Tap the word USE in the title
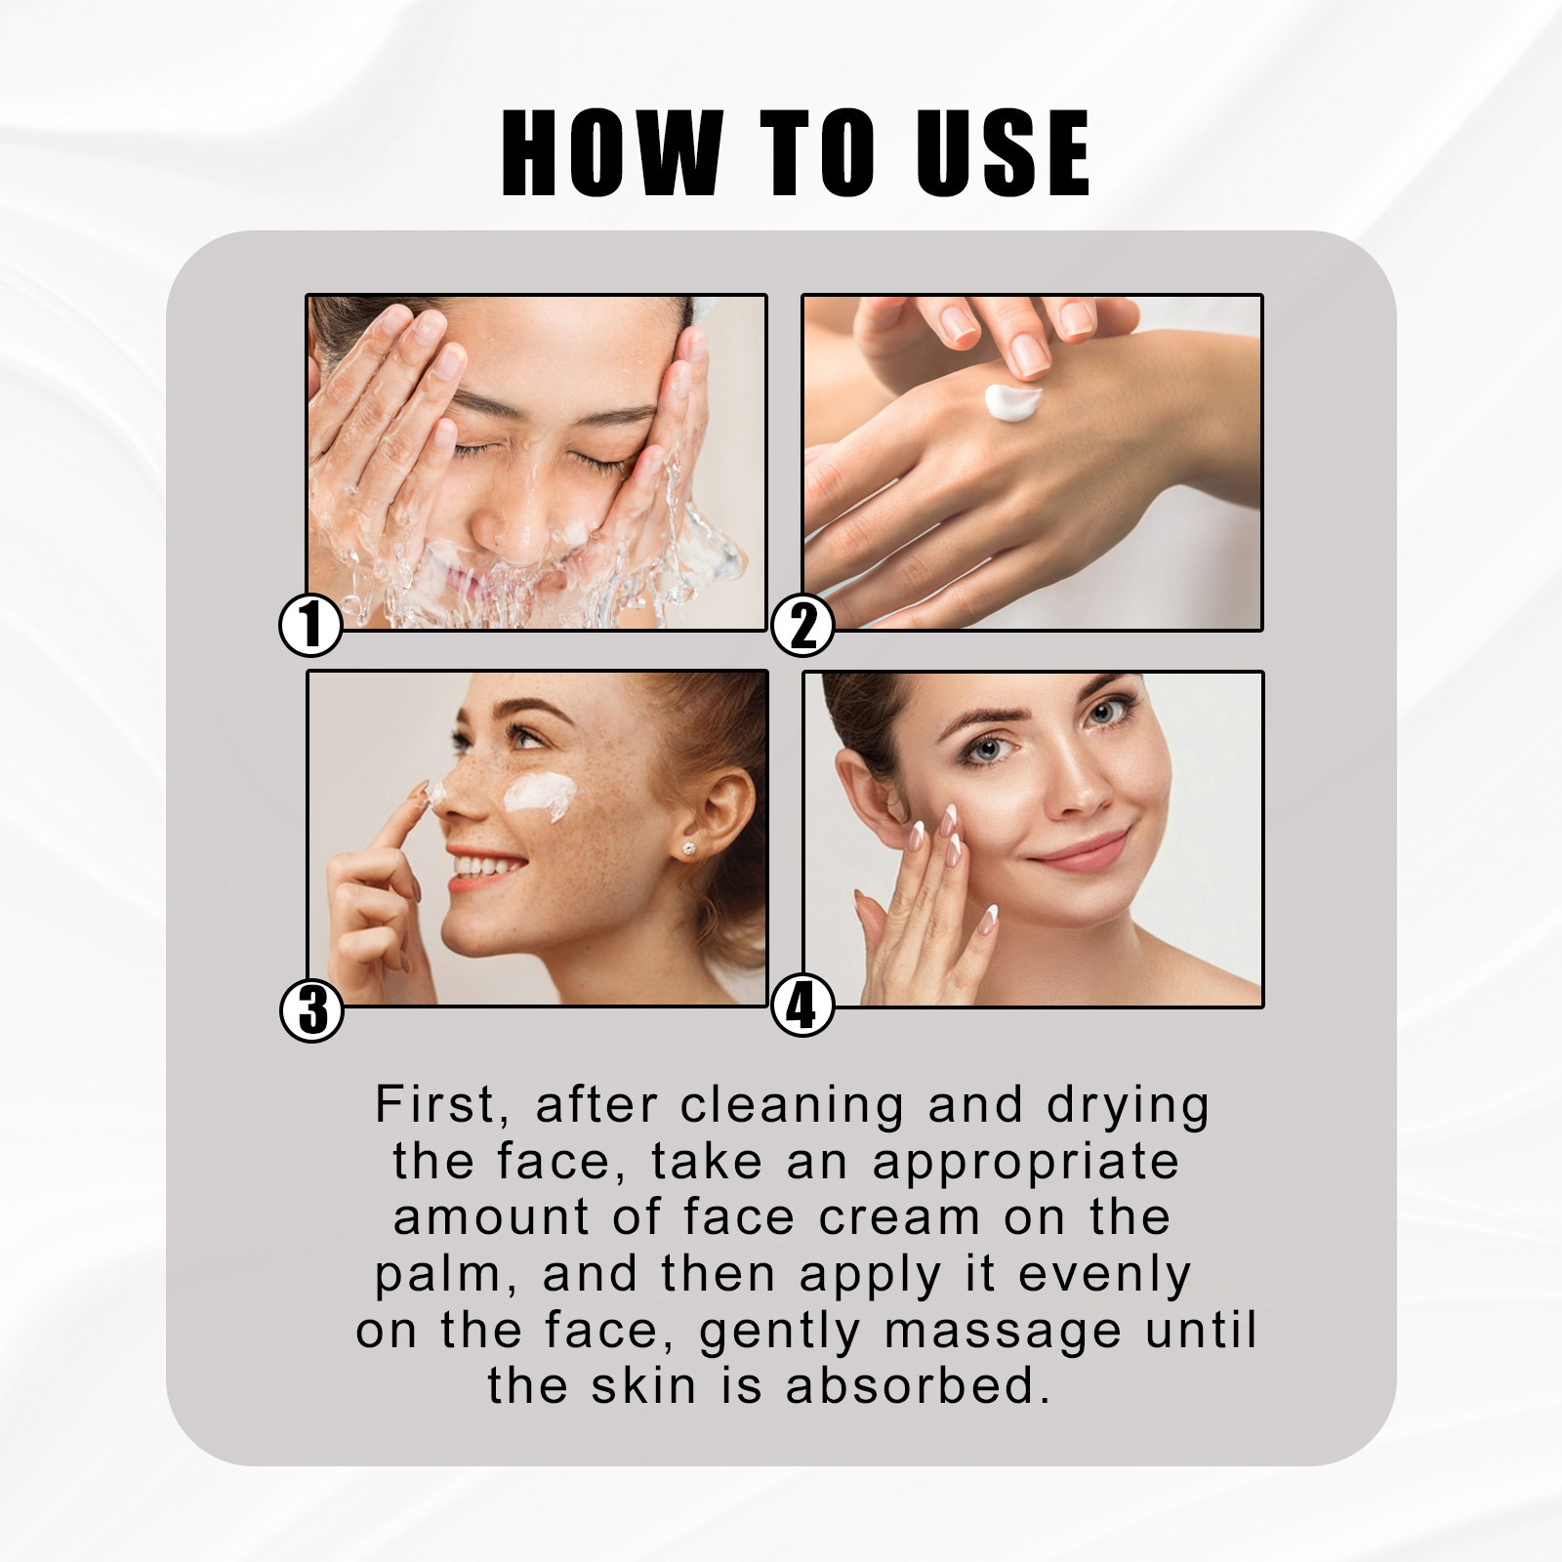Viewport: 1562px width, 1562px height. tap(1004, 152)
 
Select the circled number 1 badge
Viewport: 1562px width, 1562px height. tap(310, 625)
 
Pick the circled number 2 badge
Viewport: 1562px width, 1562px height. tap(802, 625)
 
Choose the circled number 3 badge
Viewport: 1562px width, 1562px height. tap(311, 1009)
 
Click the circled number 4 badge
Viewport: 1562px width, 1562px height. tap(802, 1006)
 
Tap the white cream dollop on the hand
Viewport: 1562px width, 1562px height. tap(1013, 401)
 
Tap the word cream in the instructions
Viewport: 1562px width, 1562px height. tap(899, 1217)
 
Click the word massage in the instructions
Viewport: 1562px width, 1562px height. tap(1003, 1333)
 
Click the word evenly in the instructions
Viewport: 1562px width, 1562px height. tap(1104, 1276)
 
